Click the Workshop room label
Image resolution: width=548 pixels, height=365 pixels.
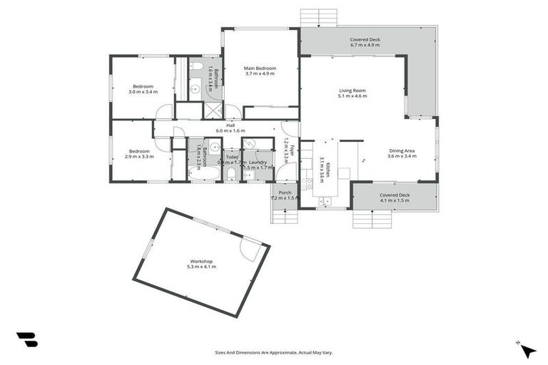click(x=201, y=261)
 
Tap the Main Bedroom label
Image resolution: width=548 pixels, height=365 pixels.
click(x=260, y=68)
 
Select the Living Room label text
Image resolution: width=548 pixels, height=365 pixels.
click(x=352, y=91)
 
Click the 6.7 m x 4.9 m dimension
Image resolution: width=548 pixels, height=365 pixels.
click(x=365, y=45)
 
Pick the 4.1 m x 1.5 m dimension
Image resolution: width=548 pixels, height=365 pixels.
click(x=395, y=200)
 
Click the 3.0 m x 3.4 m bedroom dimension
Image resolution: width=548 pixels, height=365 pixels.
click(x=143, y=92)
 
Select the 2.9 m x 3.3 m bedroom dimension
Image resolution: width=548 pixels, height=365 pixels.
click(x=139, y=156)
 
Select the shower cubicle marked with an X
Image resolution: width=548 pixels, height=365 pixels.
click(x=213, y=110)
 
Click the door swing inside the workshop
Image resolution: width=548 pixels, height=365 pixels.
click(x=250, y=248)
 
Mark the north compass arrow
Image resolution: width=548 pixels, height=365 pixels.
click(x=527, y=350)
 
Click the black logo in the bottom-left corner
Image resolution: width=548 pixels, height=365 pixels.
click(x=26, y=339)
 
